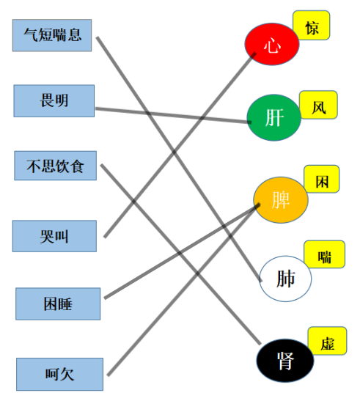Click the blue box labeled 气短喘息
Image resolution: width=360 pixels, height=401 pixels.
[x=52, y=35]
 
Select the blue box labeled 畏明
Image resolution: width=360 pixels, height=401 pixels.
[x=54, y=100]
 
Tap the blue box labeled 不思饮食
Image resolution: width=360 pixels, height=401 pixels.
[x=55, y=166]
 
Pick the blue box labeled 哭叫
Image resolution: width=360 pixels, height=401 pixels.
[x=54, y=236]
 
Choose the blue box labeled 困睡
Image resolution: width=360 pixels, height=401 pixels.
[x=58, y=303]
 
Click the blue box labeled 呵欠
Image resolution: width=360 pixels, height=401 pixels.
[x=59, y=374]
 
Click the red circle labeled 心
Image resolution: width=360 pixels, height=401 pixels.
[x=272, y=44]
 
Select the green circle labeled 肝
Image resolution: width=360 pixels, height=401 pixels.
[x=274, y=117]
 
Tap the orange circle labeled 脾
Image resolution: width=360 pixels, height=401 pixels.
[x=281, y=200]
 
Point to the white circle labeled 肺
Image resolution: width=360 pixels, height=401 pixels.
[x=285, y=279]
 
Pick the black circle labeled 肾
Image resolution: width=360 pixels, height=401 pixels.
[x=285, y=361]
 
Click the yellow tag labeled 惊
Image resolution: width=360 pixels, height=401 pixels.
[x=312, y=26]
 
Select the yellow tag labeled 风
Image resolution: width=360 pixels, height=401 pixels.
[x=318, y=105]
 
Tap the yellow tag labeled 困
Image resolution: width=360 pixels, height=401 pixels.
[x=322, y=179]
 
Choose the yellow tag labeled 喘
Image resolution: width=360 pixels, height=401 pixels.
[x=324, y=254]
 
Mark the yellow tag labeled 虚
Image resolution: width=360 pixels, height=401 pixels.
[x=327, y=341]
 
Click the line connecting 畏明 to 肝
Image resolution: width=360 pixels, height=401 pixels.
[x=173, y=116]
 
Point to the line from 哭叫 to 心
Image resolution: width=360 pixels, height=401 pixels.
[x=180, y=145]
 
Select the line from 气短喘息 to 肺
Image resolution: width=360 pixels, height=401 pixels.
[x=179, y=159]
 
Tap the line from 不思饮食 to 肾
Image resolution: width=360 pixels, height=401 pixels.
[x=180, y=254]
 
